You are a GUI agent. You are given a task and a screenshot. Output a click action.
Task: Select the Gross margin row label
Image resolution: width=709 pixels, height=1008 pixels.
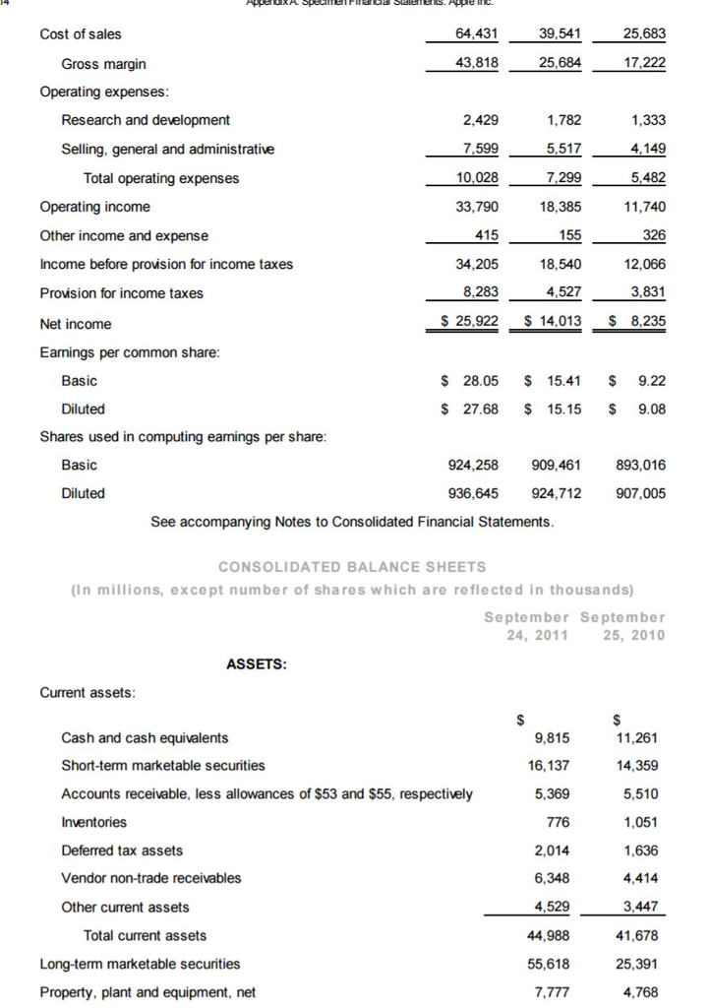click(103, 64)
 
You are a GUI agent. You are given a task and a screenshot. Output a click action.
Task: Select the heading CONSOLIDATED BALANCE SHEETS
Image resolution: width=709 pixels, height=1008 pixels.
click(352, 566)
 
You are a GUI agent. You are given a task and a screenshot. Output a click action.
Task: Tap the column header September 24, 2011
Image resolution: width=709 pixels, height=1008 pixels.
click(527, 626)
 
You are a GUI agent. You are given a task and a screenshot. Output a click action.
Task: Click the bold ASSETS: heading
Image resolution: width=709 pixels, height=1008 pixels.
click(257, 664)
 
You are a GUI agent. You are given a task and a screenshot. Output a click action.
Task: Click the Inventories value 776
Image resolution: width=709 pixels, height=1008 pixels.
click(556, 822)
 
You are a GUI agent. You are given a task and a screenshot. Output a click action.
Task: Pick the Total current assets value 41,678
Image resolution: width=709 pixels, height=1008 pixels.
click(642, 935)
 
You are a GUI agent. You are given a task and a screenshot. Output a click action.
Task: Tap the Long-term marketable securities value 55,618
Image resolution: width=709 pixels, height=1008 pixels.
click(544, 964)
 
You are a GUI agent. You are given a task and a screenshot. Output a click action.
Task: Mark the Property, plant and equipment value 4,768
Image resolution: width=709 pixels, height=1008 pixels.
click(646, 991)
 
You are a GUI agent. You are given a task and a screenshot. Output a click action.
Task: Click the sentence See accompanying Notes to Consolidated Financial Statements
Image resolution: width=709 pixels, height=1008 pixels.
click(352, 522)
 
